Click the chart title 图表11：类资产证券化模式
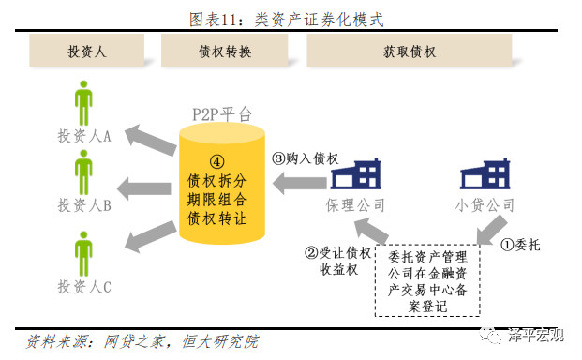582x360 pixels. point(290,18)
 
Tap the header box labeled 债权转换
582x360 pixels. point(218,51)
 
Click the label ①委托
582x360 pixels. point(521,248)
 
